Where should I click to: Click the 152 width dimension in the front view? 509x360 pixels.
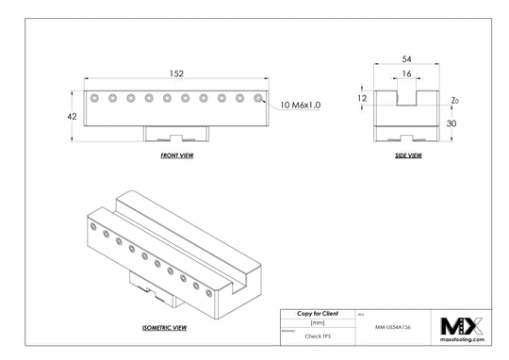click(176, 73)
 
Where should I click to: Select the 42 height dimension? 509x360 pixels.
click(72, 116)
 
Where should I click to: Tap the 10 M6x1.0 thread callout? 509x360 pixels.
click(301, 106)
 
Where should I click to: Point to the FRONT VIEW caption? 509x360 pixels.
click(176, 155)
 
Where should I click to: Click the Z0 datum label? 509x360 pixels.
click(455, 99)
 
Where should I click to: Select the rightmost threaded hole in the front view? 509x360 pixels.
click(256, 96)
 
